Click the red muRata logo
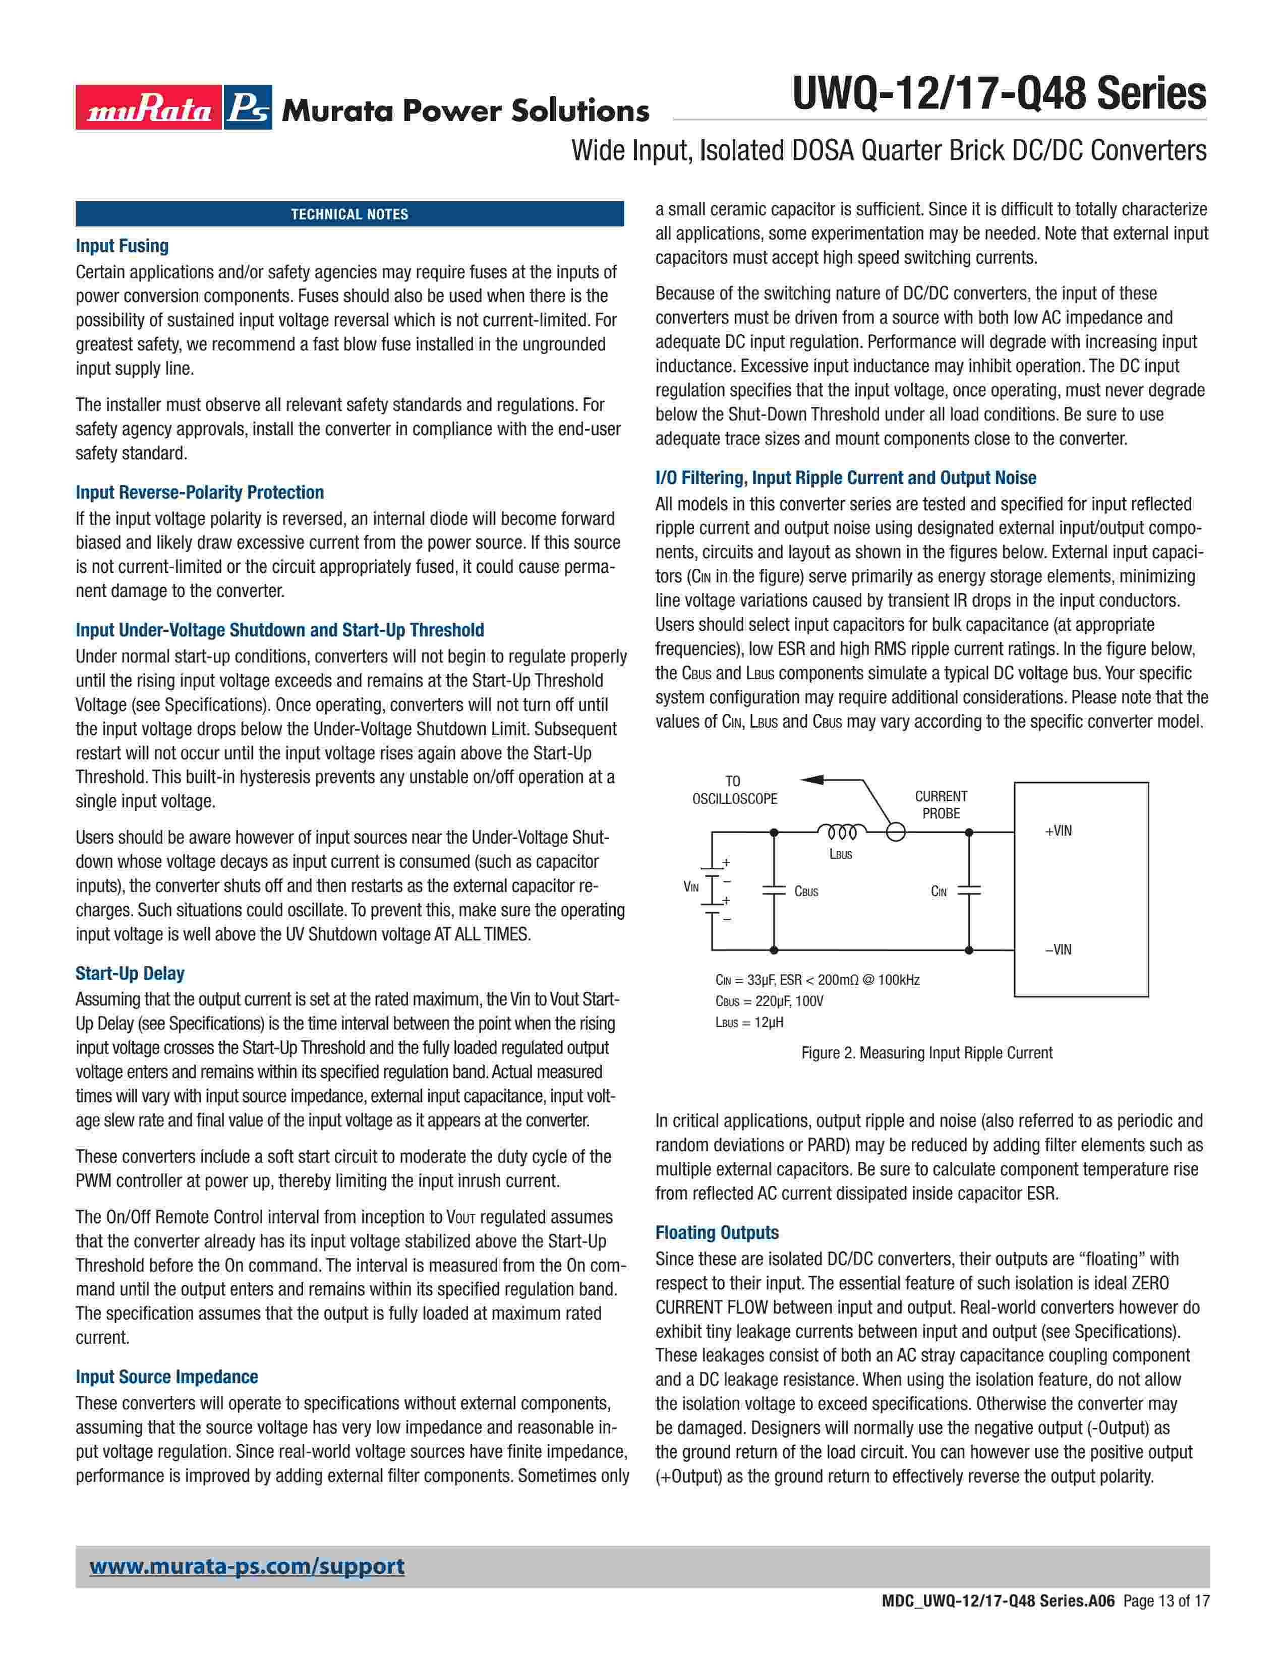pos(149,107)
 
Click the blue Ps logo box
pos(248,107)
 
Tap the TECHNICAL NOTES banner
pos(349,214)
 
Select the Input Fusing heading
pos(122,246)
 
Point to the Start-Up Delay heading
pos(130,973)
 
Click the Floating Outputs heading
pos(717,1233)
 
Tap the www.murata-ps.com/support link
pos(247,1567)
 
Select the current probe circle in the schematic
pos(896,832)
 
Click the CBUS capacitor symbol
pos(774,890)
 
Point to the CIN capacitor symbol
pos(969,890)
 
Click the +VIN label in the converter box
pos(1058,830)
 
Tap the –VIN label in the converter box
pos(1058,949)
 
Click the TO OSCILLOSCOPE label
pos(734,790)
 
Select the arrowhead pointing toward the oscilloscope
pos(812,780)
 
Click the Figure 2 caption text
pos(926,1053)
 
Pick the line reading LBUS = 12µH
pos(749,1023)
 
